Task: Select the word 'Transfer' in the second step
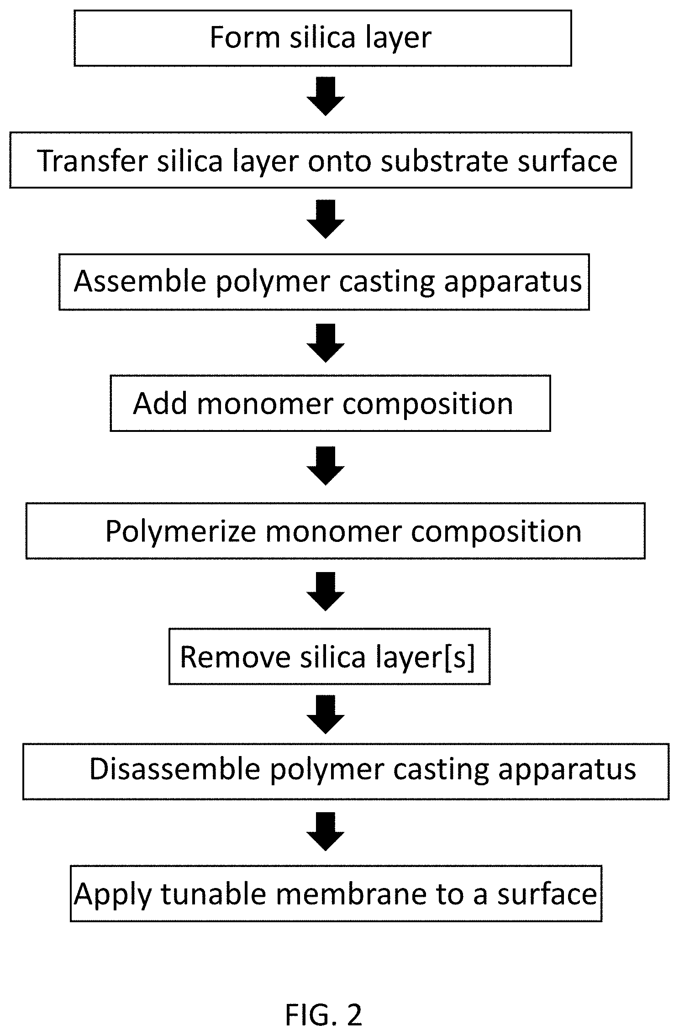click(x=92, y=161)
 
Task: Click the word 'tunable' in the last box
click(x=213, y=893)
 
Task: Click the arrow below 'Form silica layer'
click(x=325, y=96)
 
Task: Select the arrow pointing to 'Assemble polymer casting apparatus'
click(x=325, y=219)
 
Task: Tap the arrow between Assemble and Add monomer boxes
click(x=325, y=343)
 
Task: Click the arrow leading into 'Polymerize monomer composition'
click(x=325, y=466)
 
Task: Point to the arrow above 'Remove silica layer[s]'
click(x=325, y=591)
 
